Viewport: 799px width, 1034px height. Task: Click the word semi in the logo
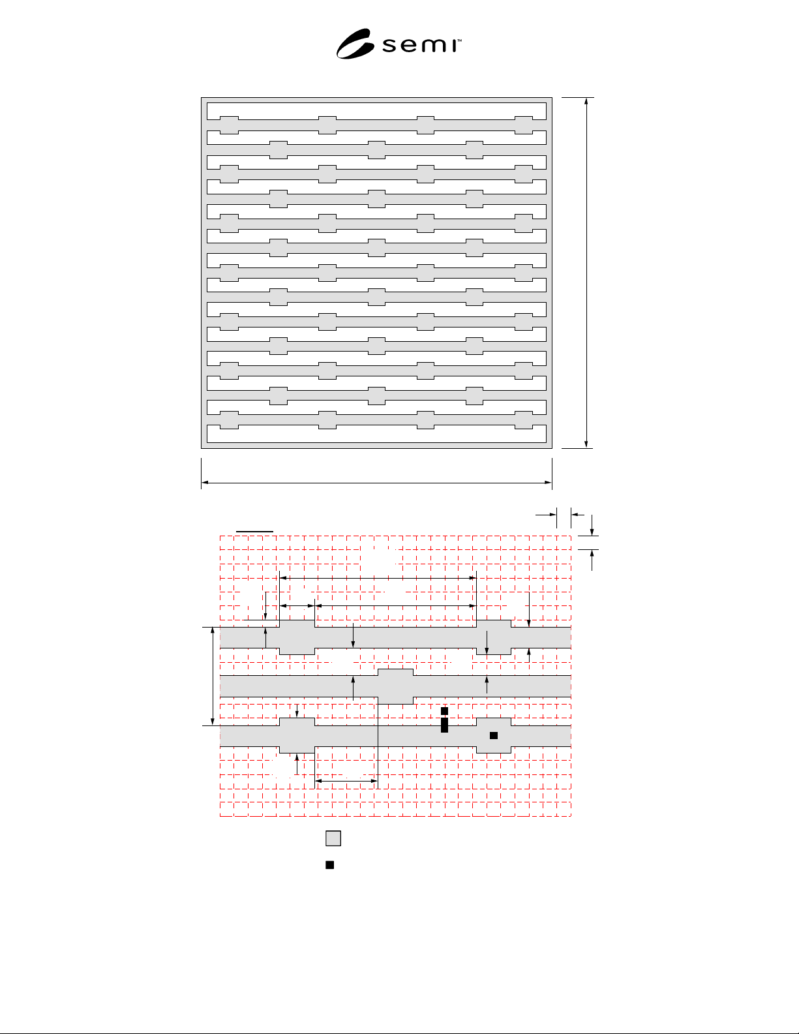coord(420,45)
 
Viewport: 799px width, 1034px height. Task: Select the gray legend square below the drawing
coord(333,838)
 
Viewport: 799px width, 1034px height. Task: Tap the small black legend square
coord(329,864)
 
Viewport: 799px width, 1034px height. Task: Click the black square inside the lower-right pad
coord(494,735)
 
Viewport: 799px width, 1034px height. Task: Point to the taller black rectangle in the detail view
coord(445,725)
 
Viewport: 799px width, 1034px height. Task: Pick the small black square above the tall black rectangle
coord(445,711)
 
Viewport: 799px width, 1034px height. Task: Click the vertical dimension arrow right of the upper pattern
coord(586,273)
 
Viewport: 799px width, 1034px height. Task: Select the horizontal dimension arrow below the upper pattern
coord(376,483)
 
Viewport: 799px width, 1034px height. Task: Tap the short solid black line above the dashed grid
coord(254,531)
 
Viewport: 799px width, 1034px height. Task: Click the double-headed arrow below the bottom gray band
coord(346,781)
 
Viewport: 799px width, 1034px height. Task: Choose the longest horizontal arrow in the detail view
coord(378,577)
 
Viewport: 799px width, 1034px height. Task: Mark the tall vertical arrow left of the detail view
coord(213,676)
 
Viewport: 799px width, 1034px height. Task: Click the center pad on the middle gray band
coord(396,686)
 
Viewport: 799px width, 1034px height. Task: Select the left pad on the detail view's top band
coord(297,637)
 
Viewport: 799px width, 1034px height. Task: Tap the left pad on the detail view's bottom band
coord(297,735)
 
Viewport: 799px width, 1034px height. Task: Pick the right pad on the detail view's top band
coord(494,637)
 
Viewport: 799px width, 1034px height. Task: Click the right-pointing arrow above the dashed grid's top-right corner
coord(546,514)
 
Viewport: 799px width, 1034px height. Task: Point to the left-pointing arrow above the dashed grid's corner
coord(577,514)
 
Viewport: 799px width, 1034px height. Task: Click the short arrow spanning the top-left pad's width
coord(297,606)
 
